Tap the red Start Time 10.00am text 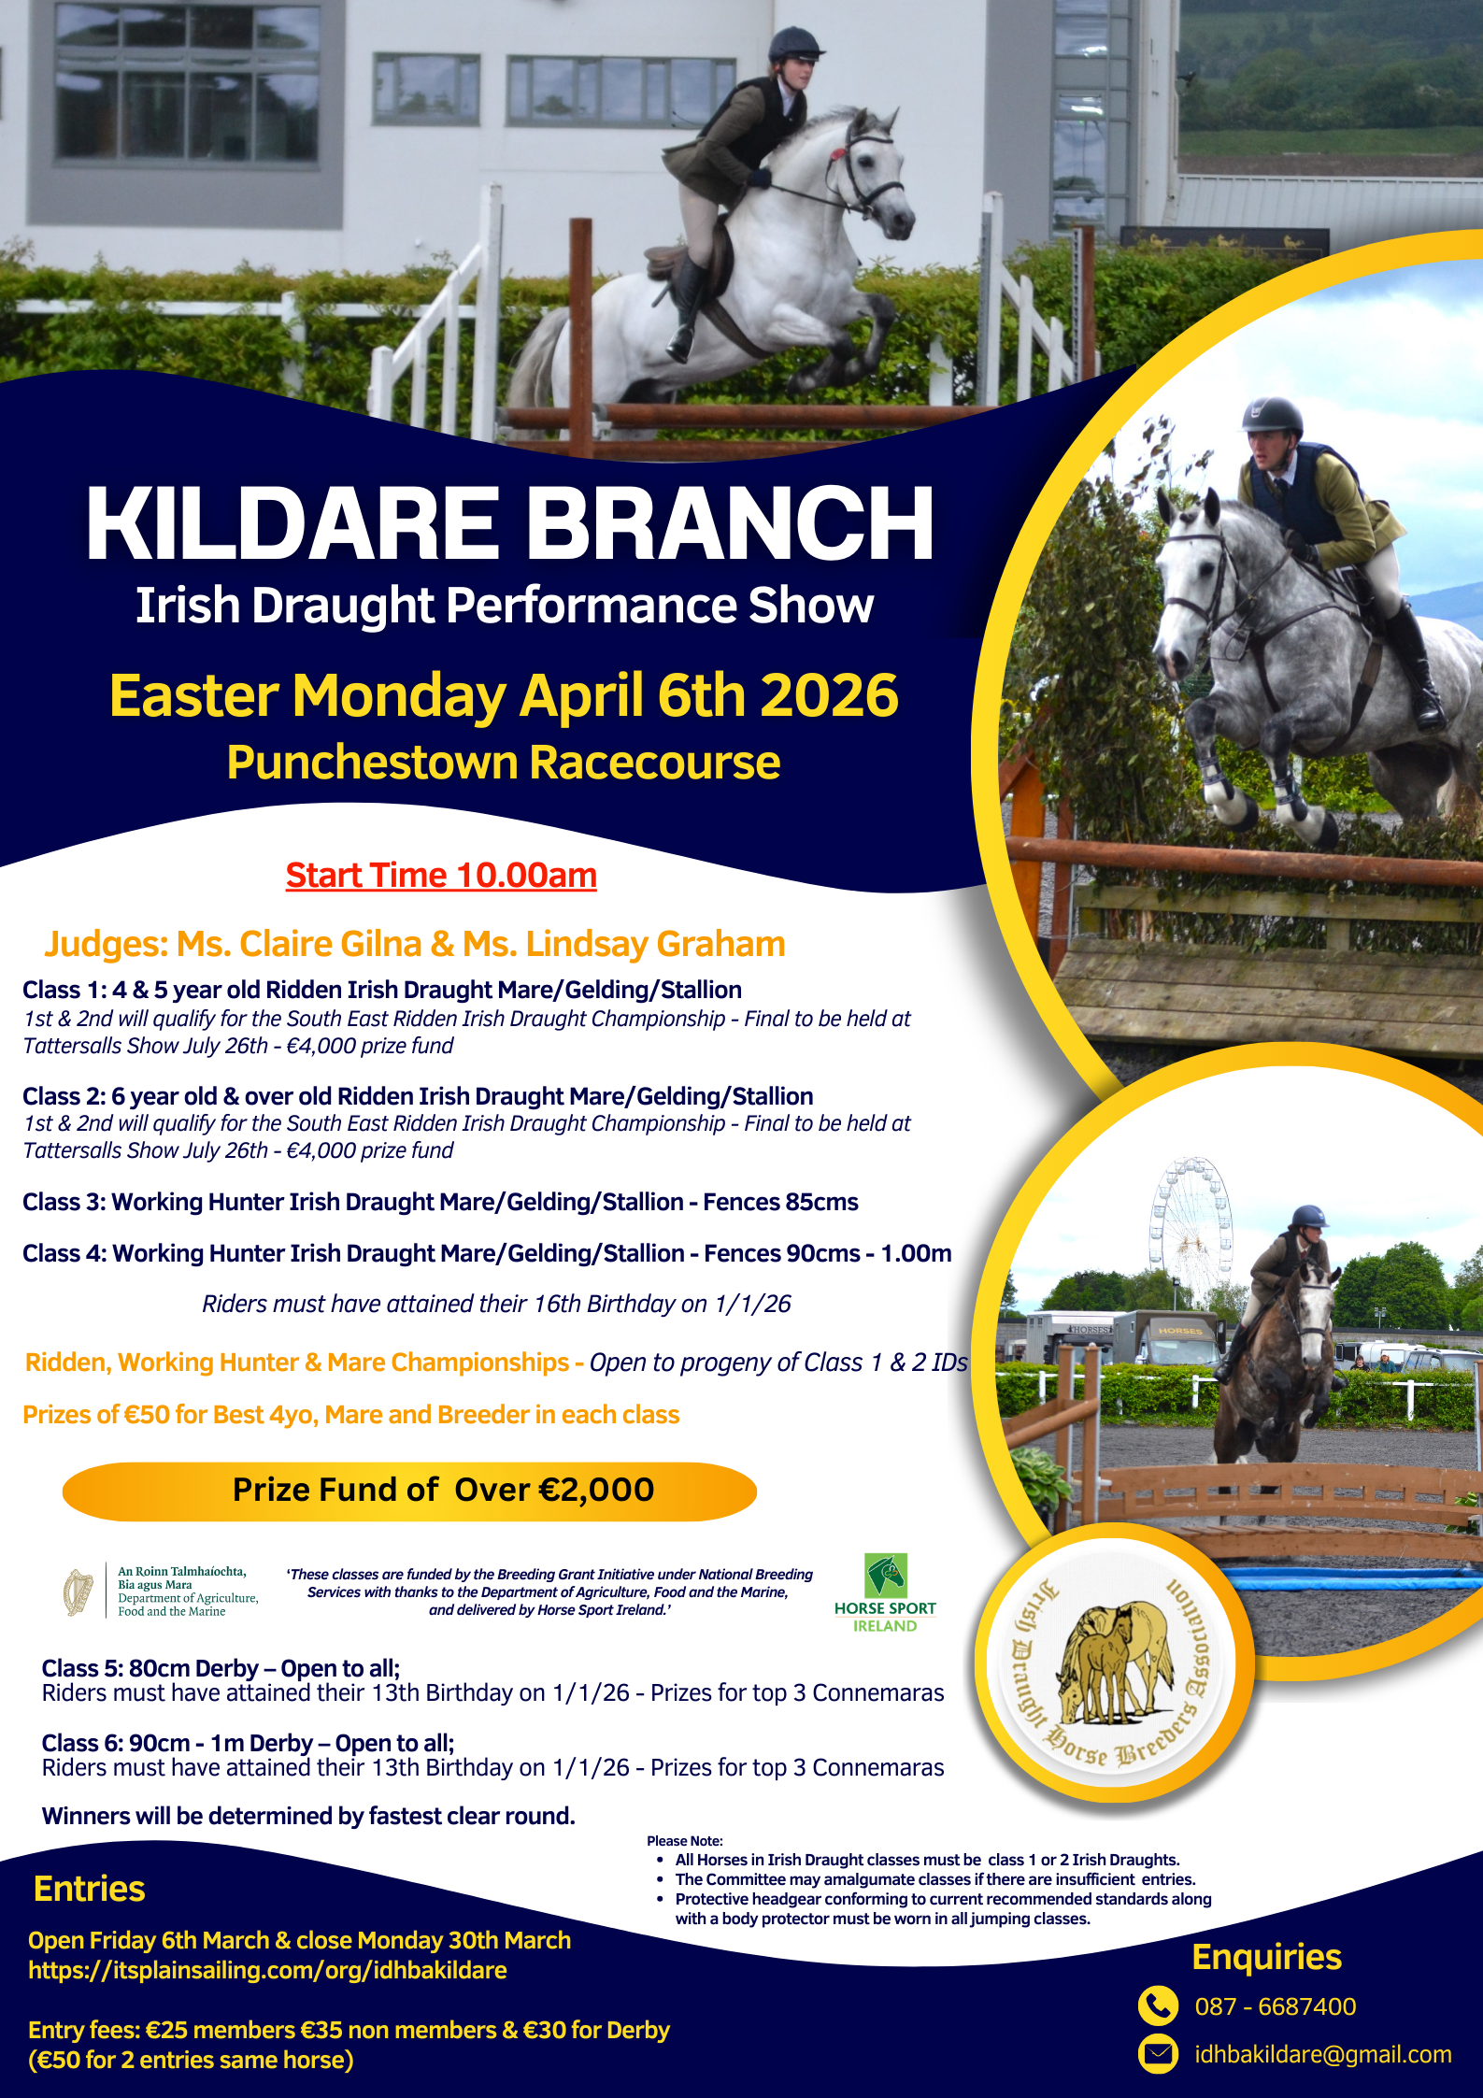(441, 876)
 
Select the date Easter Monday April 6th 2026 (504, 696)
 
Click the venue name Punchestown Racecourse (504, 763)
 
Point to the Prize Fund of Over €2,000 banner (409, 1491)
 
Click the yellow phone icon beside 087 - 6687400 (1158, 2005)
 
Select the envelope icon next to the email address (1158, 2054)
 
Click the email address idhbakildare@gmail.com (1323, 2054)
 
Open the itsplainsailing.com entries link (267, 1970)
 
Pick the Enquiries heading (1267, 1957)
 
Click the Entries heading (90, 1889)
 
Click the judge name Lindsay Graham (656, 944)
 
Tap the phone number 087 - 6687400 (1276, 2006)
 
